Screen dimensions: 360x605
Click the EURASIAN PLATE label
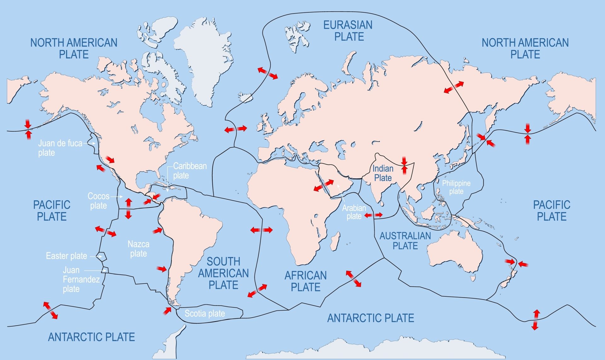click(348, 31)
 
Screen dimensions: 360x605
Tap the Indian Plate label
click(383, 173)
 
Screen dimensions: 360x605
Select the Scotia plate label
click(205, 313)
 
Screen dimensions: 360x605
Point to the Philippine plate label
click(456, 187)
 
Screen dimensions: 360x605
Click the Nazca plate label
click(138, 249)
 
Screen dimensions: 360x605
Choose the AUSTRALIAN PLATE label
click(405, 241)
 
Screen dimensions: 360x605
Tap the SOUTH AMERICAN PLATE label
click(223, 273)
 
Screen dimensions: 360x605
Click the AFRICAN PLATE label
click(305, 281)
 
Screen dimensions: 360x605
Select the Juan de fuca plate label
click(60, 148)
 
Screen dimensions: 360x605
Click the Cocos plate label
click(98, 201)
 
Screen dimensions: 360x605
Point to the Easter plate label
click(66, 256)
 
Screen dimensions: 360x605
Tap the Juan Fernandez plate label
click(81, 279)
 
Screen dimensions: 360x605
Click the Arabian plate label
click(354, 212)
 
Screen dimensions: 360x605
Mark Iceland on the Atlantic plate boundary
click(246, 97)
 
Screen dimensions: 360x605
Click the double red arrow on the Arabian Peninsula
click(324, 186)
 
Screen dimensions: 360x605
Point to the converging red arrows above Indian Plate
click(404, 166)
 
